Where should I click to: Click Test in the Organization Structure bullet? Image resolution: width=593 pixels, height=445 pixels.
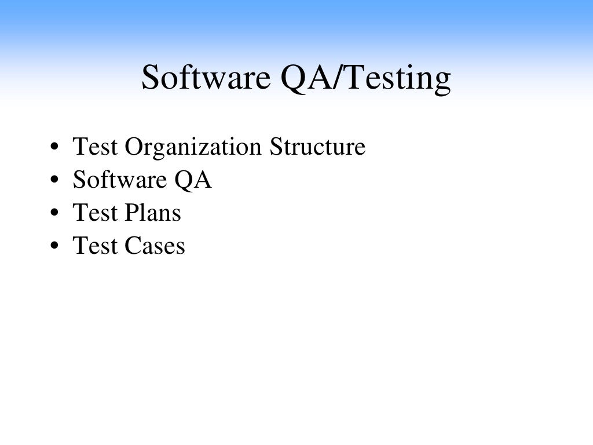pyautogui.click(x=94, y=147)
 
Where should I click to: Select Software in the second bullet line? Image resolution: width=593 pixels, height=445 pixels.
pyautogui.click(x=119, y=180)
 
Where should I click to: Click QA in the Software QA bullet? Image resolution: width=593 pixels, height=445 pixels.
pyautogui.click(x=192, y=181)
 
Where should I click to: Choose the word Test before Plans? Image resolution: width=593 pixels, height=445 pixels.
pyautogui.click(x=94, y=213)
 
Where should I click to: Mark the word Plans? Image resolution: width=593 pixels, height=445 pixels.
pyautogui.click(x=152, y=213)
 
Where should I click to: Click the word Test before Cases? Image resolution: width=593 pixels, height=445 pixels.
pyautogui.click(x=94, y=246)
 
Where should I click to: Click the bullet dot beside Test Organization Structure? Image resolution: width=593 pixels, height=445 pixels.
pyautogui.click(x=54, y=148)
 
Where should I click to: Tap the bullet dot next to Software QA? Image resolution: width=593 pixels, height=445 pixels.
pyautogui.click(x=54, y=181)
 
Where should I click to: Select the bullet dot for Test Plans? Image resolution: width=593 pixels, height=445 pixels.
pyautogui.click(x=54, y=214)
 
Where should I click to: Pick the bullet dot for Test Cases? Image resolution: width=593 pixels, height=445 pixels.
pyautogui.click(x=54, y=247)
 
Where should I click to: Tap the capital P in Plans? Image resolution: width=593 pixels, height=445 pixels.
pyautogui.click(x=130, y=213)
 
